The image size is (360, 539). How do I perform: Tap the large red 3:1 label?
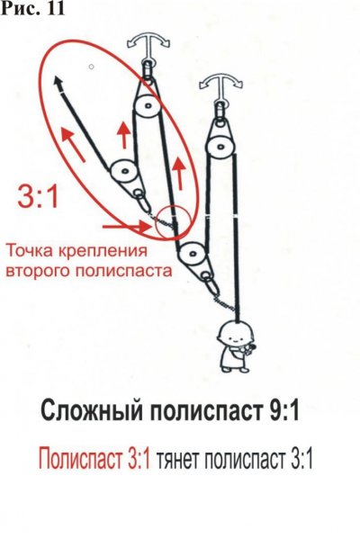coord(38,196)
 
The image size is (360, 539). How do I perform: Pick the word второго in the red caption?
coord(39,272)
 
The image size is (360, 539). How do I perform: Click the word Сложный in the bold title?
coord(92,411)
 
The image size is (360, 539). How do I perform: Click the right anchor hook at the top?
coord(221,84)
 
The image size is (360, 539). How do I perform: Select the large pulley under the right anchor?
coord(220,145)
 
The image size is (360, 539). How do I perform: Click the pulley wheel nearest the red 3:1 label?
coord(123,171)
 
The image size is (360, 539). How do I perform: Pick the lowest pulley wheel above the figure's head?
coord(193,254)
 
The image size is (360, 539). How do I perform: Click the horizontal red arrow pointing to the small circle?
coord(127,227)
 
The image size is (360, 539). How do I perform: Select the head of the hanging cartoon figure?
coord(236,335)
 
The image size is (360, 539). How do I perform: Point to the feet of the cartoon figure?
coord(235,369)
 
